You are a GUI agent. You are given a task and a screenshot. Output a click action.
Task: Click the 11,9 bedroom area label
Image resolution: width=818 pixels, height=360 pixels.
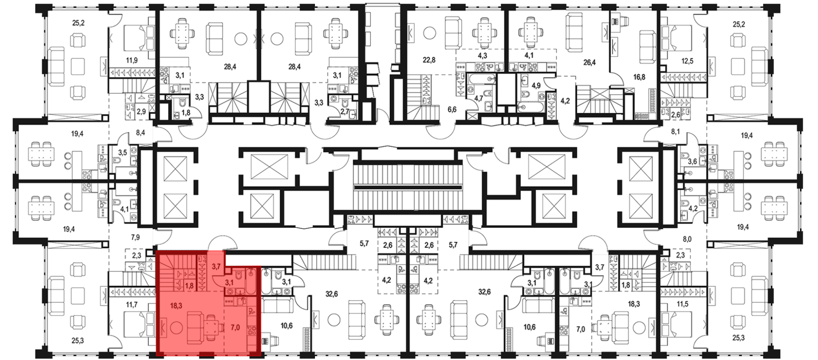(132, 61)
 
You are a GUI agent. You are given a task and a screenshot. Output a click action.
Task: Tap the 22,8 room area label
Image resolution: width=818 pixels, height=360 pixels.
(429, 60)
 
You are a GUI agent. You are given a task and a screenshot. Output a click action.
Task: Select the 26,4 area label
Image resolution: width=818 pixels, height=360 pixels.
(589, 63)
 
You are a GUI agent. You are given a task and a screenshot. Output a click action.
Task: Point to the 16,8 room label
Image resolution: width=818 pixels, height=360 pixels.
(639, 76)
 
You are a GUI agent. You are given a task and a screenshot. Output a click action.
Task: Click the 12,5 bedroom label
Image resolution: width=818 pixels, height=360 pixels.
(688, 61)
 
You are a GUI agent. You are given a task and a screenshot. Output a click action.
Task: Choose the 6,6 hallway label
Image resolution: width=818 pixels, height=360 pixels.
(452, 110)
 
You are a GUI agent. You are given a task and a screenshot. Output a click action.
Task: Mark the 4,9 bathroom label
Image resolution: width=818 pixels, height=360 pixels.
(536, 85)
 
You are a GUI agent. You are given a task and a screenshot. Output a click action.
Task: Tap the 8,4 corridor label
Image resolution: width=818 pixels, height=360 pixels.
(141, 133)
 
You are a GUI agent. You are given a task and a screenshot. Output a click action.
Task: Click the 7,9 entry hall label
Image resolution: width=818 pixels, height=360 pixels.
(135, 237)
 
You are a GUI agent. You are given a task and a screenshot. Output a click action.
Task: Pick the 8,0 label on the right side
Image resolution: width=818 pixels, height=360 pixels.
(687, 239)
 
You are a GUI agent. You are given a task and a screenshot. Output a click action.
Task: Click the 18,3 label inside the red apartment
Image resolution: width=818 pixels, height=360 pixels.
(176, 306)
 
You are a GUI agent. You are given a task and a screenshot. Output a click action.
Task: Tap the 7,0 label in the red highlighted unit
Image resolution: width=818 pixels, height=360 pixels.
(236, 328)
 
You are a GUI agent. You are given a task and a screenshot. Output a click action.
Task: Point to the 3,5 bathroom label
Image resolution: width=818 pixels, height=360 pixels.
(122, 153)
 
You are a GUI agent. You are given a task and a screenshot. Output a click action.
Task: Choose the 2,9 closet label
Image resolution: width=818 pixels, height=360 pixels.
(141, 111)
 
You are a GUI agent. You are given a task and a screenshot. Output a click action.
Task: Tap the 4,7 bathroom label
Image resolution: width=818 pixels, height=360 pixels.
(479, 98)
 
